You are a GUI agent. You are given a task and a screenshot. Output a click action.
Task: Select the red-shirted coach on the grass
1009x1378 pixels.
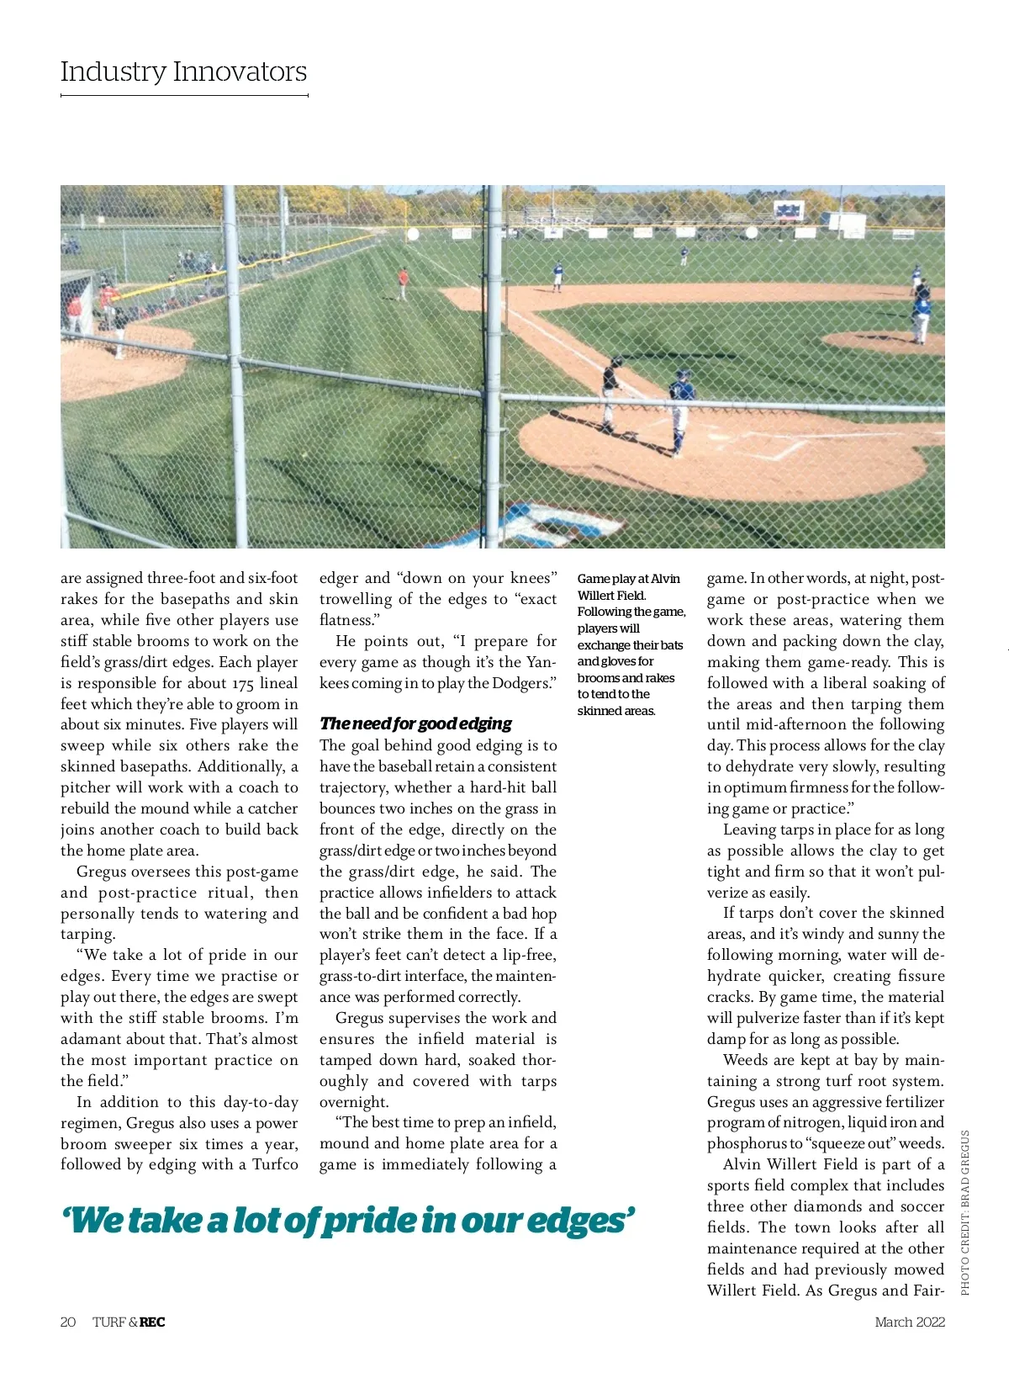pyautogui.click(x=403, y=284)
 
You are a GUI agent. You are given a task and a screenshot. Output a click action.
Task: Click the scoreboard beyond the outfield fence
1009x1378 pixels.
pyautogui.click(x=790, y=210)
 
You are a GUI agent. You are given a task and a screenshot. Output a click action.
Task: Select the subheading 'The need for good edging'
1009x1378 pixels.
pyautogui.click(x=415, y=723)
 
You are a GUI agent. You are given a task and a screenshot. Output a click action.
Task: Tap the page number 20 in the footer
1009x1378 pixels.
pyautogui.click(x=68, y=1322)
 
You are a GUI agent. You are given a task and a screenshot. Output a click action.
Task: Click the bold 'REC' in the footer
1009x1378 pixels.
pyautogui.click(x=152, y=1322)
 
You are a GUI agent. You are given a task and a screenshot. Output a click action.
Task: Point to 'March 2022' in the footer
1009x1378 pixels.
pyautogui.click(x=910, y=1322)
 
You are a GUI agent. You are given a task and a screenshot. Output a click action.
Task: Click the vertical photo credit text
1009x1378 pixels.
pyautogui.click(x=964, y=1212)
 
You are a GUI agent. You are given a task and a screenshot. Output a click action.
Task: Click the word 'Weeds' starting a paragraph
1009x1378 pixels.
pyautogui.click(x=745, y=1060)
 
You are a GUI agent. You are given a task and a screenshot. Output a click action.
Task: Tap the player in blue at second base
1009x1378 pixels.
pyautogui.click(x=557, y=275)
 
